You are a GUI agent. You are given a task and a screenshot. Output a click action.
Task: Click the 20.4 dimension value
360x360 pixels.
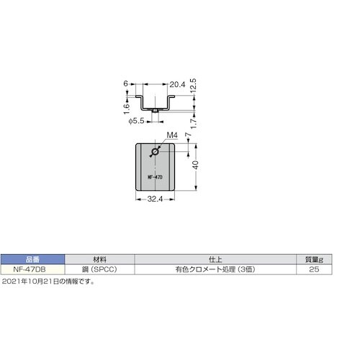[x=158, y=85]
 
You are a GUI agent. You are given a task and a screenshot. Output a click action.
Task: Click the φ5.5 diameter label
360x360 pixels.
[x=138, y=120]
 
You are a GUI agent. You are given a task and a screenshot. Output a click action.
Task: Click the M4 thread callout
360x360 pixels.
[x=171, y=135]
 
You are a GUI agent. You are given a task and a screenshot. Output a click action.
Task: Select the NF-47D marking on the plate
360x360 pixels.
[x=154, y=175]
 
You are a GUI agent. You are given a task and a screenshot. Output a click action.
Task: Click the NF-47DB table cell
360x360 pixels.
[x=32, y=269]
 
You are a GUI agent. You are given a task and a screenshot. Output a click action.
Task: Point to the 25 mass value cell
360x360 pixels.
[x=312, y=269]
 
